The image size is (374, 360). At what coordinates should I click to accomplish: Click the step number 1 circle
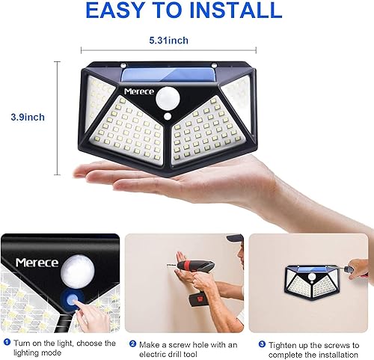pyautogui.click(x=6, y=343)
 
